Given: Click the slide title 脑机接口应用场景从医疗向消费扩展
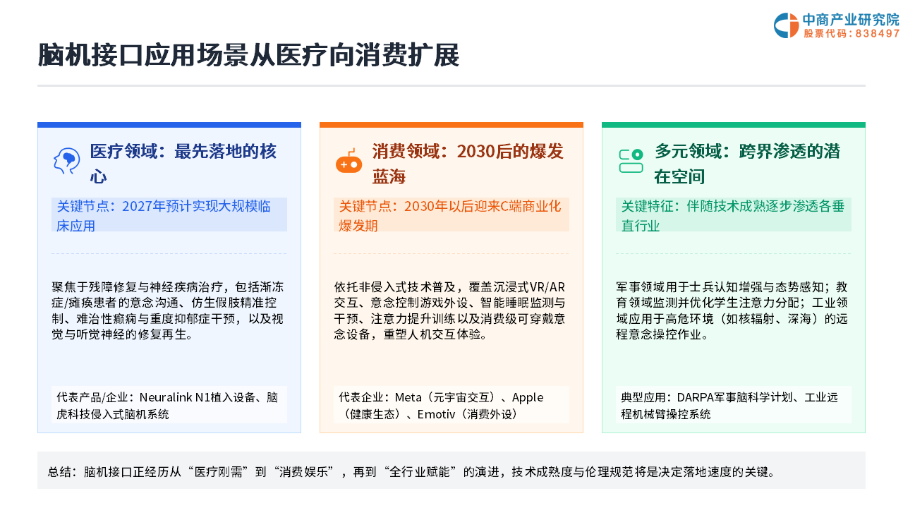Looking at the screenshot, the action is pos(248,55).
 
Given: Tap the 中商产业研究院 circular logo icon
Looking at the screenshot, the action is pos(786,25).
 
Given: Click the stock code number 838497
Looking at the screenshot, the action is pos(877,33).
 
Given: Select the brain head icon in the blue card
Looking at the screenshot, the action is pos(66,161).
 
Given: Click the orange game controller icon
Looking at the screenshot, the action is pos(349,162).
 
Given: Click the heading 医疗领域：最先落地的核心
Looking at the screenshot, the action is pos(183,164).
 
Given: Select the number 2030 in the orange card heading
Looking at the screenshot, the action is pos(475,152).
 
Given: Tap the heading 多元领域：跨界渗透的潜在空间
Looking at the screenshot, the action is pos(747,164).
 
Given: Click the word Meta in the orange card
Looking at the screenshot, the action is pos(408,397).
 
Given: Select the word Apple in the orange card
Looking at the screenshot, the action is pos(528,398).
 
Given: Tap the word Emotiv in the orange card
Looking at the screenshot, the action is pos(436,414).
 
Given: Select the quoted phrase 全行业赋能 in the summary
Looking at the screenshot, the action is pos(420,471).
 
